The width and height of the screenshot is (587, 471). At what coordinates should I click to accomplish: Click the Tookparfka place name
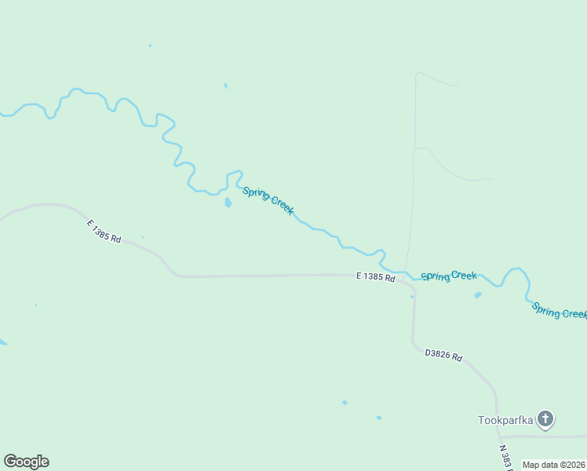[x=505, y=420]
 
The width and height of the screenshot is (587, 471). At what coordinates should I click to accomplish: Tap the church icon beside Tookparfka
[x=545, y=419]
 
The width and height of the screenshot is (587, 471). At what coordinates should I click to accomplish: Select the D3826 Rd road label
[x=443, y=356]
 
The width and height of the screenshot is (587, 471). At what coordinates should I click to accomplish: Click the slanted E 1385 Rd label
[x=104, y=232]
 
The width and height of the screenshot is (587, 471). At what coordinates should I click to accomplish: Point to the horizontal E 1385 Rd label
[x=375, y=277]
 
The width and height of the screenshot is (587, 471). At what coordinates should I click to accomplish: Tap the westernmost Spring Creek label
[x=268, y=200]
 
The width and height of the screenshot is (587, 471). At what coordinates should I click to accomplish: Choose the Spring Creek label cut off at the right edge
[x=560, y=311]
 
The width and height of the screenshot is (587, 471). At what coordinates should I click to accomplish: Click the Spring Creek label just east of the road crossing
[x=449, y=276]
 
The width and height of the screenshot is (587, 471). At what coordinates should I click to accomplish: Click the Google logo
[x=26, y=462]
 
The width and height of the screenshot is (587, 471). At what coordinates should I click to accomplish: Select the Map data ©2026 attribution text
[x=554, y=465]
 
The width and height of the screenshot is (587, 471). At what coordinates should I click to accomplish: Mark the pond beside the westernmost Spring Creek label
[x=228, y=203]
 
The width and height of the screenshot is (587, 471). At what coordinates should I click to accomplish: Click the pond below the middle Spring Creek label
[x=477, y=295]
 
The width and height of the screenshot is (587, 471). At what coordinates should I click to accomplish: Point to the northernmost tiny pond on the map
[x=150, y=46]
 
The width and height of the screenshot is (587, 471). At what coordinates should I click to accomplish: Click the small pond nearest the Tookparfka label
[x=379, y=418]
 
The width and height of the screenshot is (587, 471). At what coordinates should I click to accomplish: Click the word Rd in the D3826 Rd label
[x=456, y=359]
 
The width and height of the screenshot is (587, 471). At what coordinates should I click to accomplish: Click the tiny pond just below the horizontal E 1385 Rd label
[x=412, y=296]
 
